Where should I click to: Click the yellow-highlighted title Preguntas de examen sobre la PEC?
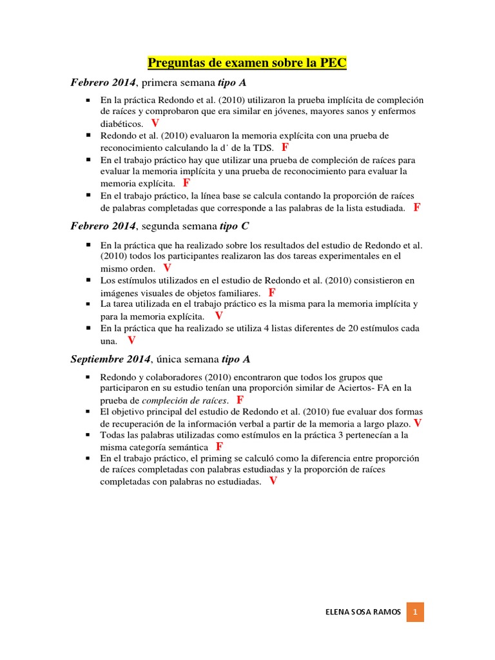pyautogui.click(x=247, y=63)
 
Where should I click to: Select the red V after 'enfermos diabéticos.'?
pyautogui.click(x=155, y=122)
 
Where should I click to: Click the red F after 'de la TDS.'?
pyautogui.click(x=285, y=147)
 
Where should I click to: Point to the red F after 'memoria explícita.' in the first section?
pyautogui.click(x=186, y=182)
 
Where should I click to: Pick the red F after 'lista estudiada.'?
pyautogui.click(x=417, y=207)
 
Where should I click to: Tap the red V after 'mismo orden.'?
pyautogui.click(x=167, y=267)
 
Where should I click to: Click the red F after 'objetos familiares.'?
pyautogui.click(x=272, y=292)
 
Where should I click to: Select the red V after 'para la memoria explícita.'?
pyautogui.click(x=218, y=316)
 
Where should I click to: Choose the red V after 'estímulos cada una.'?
pyautogui.click(x=131, y=340)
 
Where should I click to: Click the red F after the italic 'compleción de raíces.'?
pyautogui.click(x=240, y=400)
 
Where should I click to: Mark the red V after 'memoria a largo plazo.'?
pyautogui.click(x=418, y=423)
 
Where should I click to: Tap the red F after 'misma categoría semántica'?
pyautogui.click(x=219, y=446)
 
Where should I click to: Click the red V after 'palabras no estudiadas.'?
pyautogui.click(x=273, y=481)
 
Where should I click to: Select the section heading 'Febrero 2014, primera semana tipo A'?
pyautogui.click(x=159, y=83)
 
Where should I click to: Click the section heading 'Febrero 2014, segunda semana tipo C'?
pyautogui.click(x=159, y=226)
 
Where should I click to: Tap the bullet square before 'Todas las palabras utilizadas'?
pyautogui.click(x=87, y=435)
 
